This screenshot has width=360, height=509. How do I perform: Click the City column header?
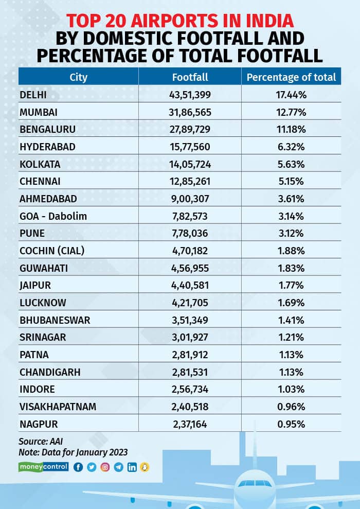pos(79,77)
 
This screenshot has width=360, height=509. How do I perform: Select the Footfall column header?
pos(190,77)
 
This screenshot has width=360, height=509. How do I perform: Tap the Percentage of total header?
pos(291,77)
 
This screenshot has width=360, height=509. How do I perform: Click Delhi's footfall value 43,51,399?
pos(190,95)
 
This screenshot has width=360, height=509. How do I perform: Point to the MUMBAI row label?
pos(39,112)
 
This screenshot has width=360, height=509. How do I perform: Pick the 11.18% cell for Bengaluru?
pos(291,129)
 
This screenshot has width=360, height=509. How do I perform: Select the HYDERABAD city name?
pos(47,147)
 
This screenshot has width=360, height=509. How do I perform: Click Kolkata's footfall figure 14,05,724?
pos(190,164)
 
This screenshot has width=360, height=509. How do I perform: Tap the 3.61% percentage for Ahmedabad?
pos(291,199)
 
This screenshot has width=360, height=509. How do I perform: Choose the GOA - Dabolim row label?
pos(53,216)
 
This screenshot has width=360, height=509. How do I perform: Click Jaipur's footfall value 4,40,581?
pos(190,286)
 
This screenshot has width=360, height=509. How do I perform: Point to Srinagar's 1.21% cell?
pos(291,338)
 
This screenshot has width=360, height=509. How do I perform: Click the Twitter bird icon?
pos(92,467)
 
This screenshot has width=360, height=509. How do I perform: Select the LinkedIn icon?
pos(132,467)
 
